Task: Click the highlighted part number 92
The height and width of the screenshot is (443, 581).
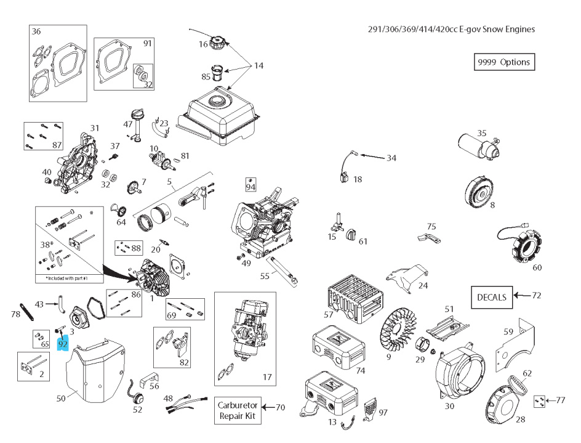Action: [63, 344]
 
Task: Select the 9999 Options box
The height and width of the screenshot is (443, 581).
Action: [502, 62]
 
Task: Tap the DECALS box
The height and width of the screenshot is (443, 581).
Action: [492, 297]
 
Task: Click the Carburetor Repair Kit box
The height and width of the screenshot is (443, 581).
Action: [237, 410]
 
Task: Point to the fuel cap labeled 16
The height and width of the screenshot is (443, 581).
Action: [217, 44]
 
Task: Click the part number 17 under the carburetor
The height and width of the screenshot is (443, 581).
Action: [266, 376]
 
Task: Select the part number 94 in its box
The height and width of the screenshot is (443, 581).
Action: [250, 185]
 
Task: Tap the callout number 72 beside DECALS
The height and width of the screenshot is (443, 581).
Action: [536, 296]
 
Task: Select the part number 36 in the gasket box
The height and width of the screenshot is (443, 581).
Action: [36, 31]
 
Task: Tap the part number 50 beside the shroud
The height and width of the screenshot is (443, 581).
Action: [60, 399]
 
